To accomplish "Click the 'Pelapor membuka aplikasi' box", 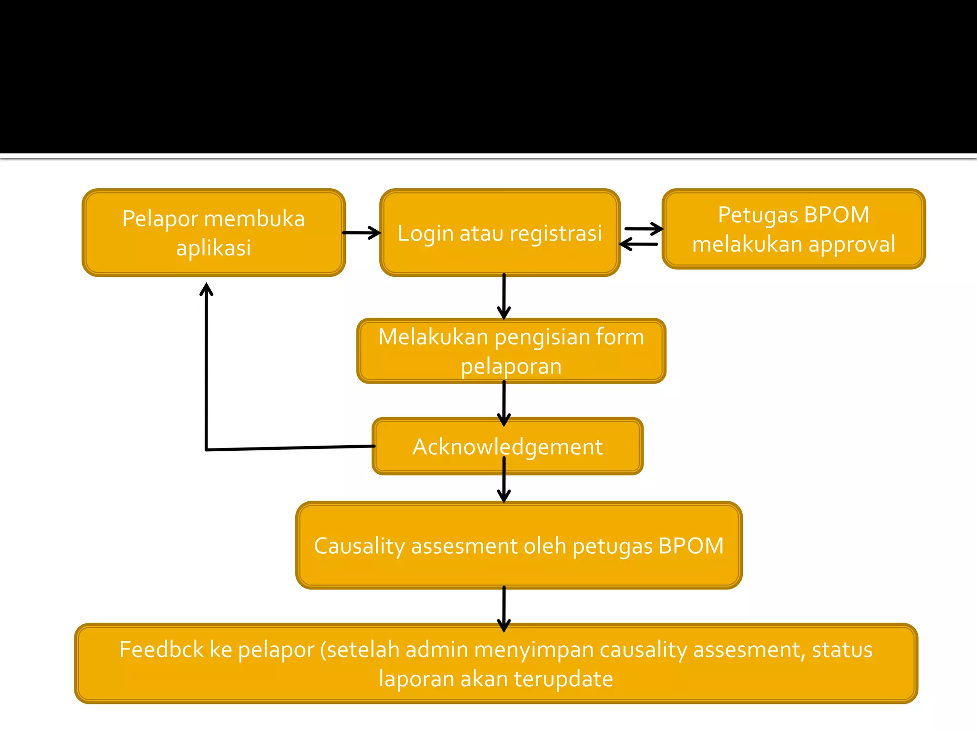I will click(x=213, y=233).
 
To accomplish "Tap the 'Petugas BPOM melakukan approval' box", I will click(x=793, y=229).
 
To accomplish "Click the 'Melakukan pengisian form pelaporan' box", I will click(x=511, y=351).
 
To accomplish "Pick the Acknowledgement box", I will click(x=507, y=447).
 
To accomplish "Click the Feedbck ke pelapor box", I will click(x=496, y=663).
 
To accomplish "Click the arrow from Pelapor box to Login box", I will click(x=362, y=233).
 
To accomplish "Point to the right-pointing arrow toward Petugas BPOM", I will click(x=644, y=229).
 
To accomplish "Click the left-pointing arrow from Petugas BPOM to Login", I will click(x=639, y=244).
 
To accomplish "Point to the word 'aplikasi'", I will click(x=213, y=248).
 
